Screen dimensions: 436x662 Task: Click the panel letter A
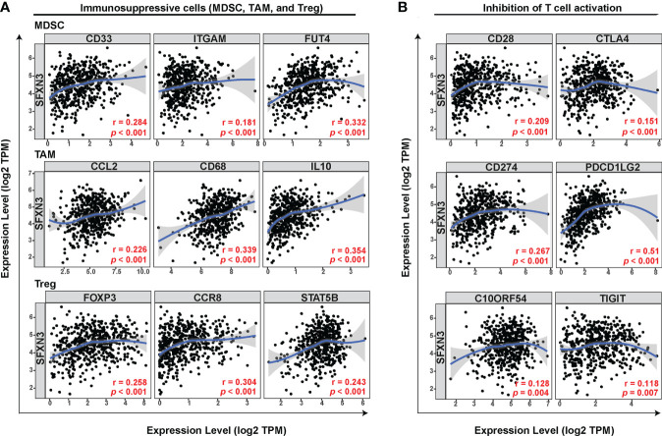click(x=8, y=9)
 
